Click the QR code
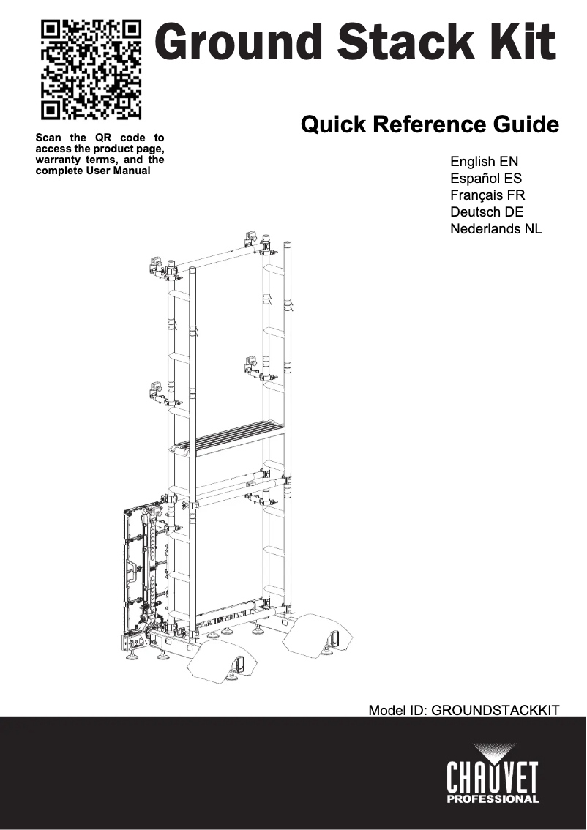pos(91,70)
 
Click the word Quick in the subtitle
pos(334,124)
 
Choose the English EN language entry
pos(485,161)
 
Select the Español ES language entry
pos(486,178)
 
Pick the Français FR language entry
pos(487,195)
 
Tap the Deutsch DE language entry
pos(487,212)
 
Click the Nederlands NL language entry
pos(496,229)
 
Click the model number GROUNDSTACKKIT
pos(496,710)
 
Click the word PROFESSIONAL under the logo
pos(493,799)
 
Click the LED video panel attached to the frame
pos(141,571)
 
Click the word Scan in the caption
pos(48,138)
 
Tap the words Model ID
pos(397,710)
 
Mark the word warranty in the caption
pos(59,160)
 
